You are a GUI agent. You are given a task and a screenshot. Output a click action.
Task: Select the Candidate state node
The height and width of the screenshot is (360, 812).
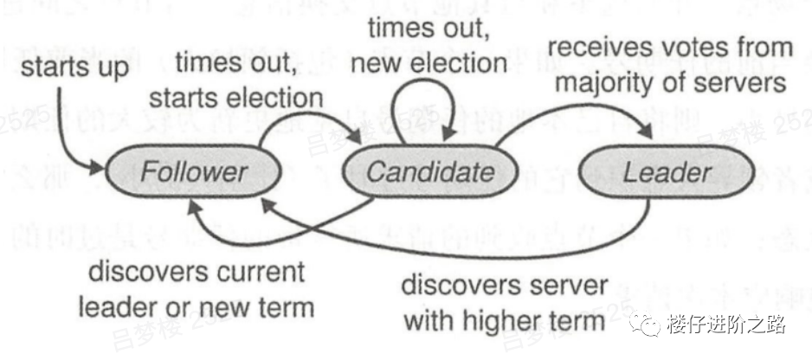pyautogui.click(x=429, y=171)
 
